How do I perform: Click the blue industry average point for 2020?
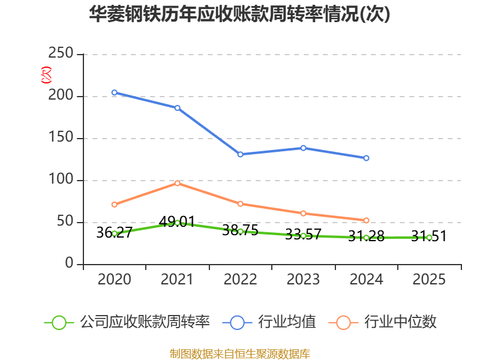point(114,92)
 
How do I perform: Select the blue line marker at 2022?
point(240,154)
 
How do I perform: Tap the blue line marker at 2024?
point(366,158)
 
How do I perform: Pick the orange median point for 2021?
point(177,183)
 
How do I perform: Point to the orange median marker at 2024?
point(366,220)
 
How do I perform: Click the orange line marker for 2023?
point(303,213)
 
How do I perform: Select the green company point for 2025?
point(429,238)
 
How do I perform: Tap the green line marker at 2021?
point(177,223)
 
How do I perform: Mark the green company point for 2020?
point(114,233)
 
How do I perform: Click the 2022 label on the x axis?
point(240,280)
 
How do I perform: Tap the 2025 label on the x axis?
point(429,280)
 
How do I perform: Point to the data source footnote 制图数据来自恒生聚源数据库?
point(240,353)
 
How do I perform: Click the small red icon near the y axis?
point(46,75)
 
